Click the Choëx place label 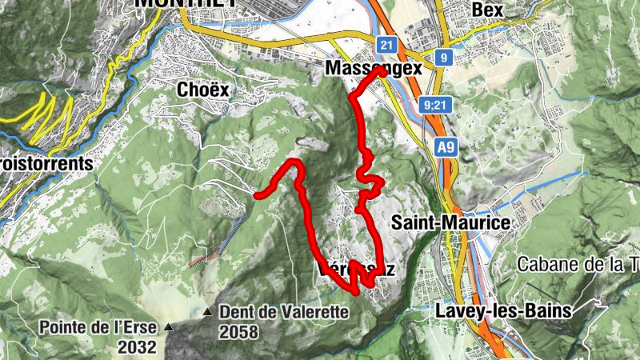(202, 90)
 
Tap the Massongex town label (373, 70)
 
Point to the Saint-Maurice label (451, 222)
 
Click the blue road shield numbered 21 (387, 46)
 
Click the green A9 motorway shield (447, 147)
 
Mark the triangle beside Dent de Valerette (208, 312)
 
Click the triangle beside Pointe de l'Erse (168, 327)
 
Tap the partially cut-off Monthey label (186, 3)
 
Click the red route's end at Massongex (377, 70)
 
